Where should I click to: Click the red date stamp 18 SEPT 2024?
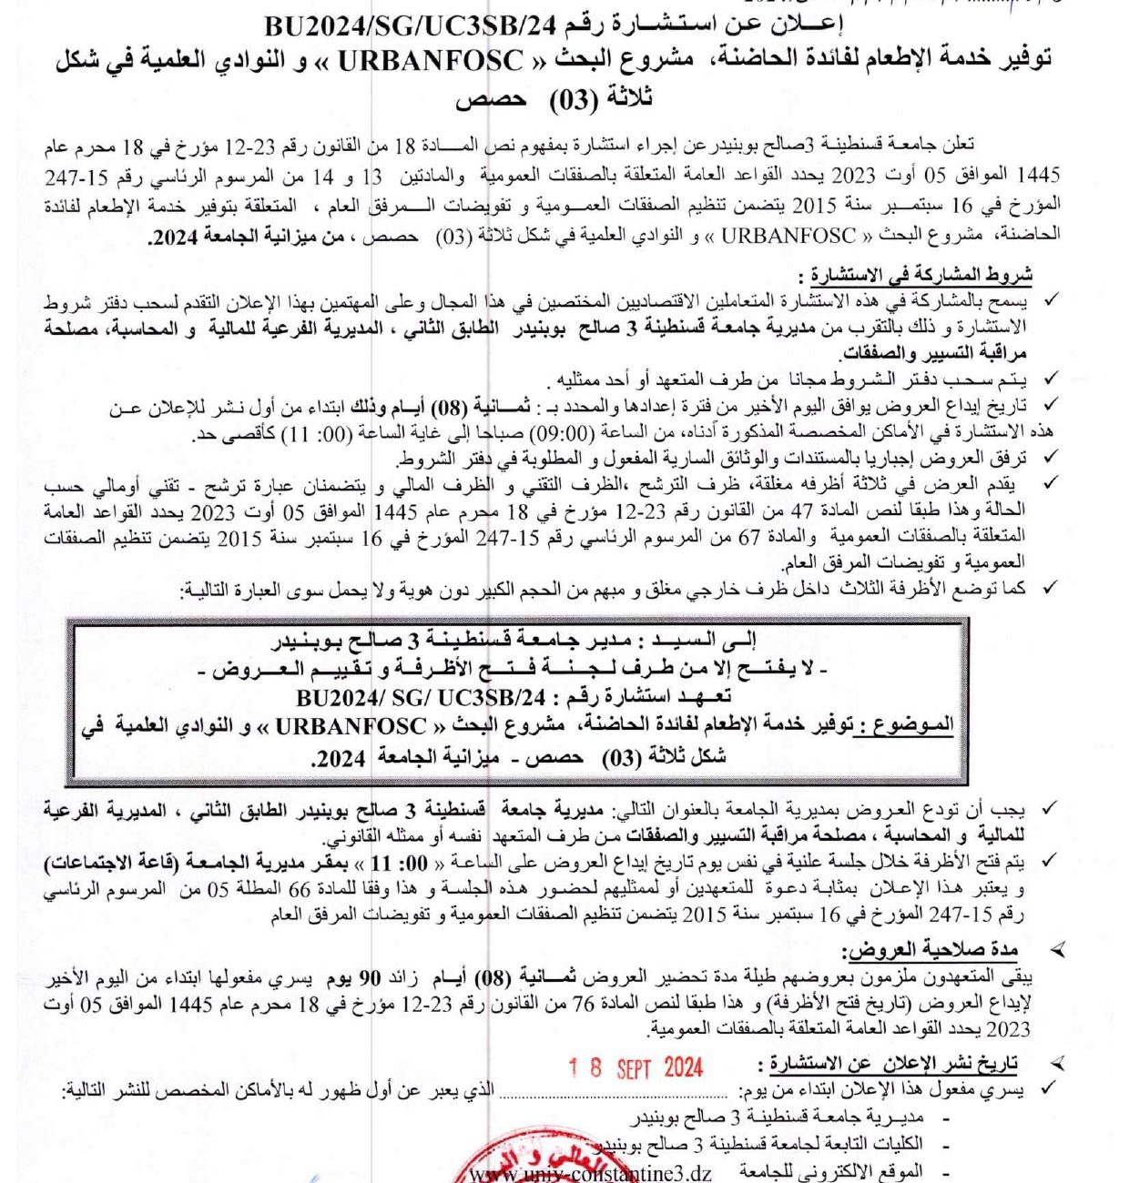(x=636, y=1067)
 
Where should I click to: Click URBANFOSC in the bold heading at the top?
(x=432, y=63)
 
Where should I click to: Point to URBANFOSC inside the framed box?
(x=351, y=725)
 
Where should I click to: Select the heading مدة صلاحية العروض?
(x=930, y=951)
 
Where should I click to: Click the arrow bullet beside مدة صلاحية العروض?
(x=1057, y=951)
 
